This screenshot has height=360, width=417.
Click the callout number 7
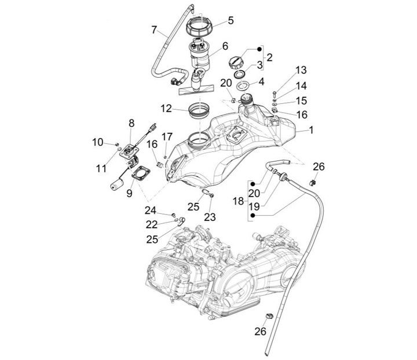coord(154,29)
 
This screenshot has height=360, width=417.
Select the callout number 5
coord(231,20)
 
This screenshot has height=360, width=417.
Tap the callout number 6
coord(225,45)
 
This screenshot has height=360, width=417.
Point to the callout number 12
coord(166,108)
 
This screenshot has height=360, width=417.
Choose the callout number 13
coord(301,70)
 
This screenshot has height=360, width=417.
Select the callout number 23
coord(210,217)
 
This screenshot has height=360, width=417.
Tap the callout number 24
coord(151,209)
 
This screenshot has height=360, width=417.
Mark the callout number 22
coord(151,224)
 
